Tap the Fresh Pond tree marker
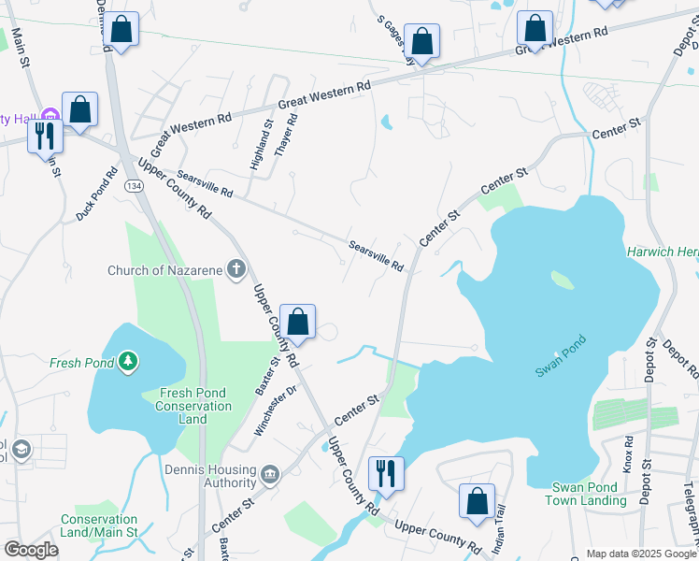coord(128,361)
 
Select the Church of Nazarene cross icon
coord(236,270)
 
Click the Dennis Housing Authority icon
coord(270,475)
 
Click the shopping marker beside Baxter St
coord(297,323)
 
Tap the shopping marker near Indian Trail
coord(477,501)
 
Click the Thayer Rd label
coord(286,135)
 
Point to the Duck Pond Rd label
coord(98,194)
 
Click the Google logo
coord(31,550)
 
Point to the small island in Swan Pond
coord(562,280)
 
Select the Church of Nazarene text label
coord(165,270)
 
